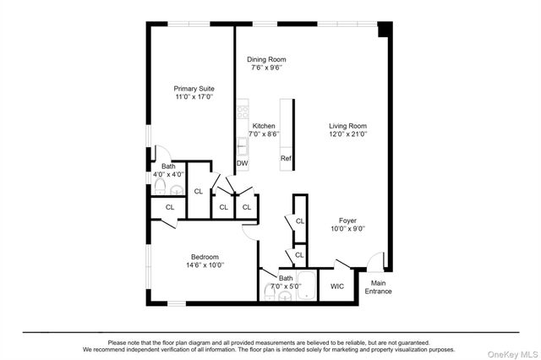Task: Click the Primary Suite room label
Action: (194, 88)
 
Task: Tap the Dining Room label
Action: (266, 59)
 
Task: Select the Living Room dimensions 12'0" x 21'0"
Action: (348, 134)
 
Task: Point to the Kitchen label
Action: (264, 125)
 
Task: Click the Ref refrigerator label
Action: (286, 158)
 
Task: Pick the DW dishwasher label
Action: (242, 163)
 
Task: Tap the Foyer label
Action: (347, 220)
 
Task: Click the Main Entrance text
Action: (379, 287)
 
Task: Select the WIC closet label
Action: (337, 286)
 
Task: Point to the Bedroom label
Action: (205, 257)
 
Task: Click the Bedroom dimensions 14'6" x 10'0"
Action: (205, 265)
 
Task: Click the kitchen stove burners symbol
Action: (242, 110)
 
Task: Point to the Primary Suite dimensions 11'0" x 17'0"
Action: (194, 96)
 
